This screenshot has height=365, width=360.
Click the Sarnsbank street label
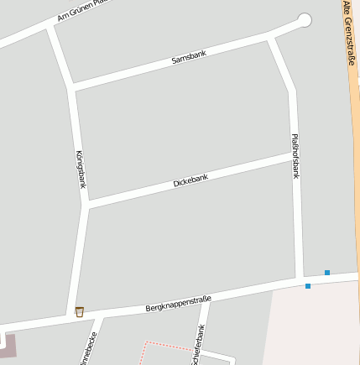pos(188,56)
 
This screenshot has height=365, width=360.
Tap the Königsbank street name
pos(81,169)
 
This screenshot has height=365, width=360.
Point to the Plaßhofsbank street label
pos(295,156)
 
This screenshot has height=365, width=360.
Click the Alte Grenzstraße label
pos(349,34)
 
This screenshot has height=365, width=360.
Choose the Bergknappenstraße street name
pos(178,304)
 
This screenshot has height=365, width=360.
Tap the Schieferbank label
pos(200,344)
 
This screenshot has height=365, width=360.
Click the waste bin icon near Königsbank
pos(80,311)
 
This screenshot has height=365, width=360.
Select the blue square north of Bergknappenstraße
pos(326,272)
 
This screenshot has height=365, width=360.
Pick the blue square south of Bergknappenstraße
pos(308,286)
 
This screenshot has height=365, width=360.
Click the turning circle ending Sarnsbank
pos(304,20)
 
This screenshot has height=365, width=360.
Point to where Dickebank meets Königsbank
pos(86,206)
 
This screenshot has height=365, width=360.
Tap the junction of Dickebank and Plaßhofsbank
pos(295,154)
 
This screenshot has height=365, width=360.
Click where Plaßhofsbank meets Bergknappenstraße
pos(300,279)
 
